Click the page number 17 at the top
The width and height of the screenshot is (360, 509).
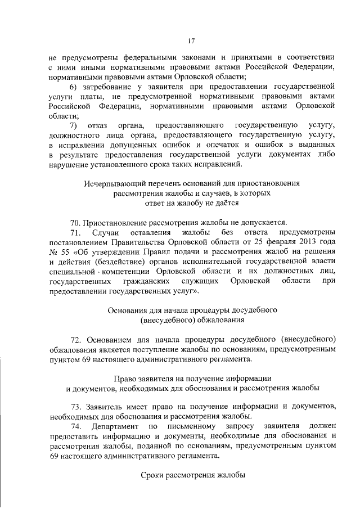[x=191, y=40]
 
